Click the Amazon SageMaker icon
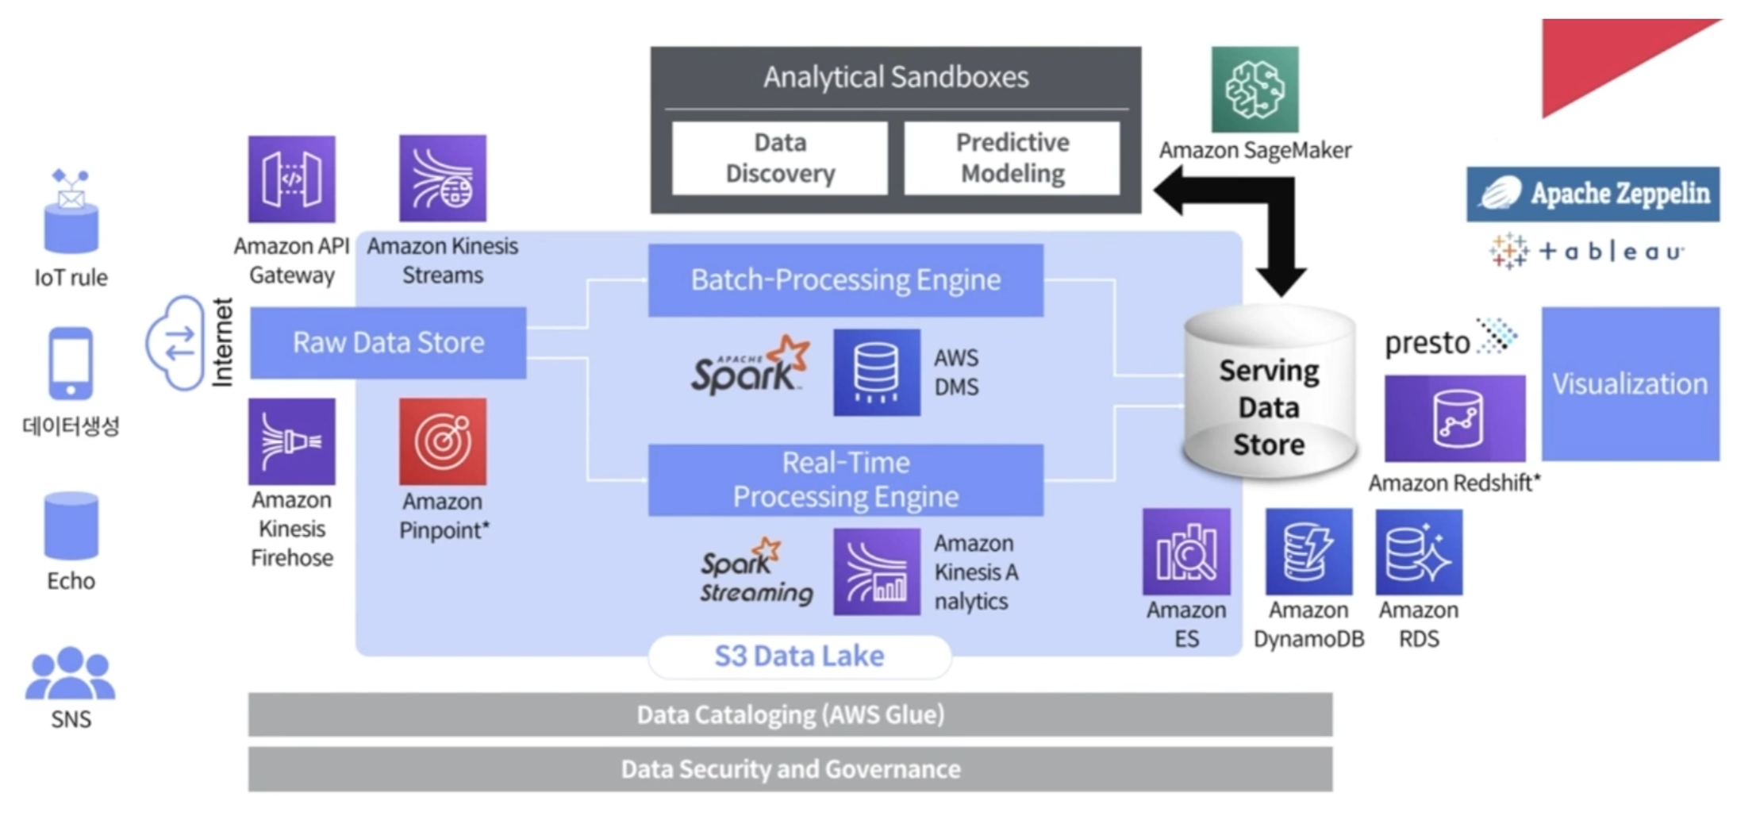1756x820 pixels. [1255, 90]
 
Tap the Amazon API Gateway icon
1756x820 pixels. [291, 179]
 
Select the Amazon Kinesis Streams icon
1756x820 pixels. [443, 179]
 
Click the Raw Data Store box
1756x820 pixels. [388, 343]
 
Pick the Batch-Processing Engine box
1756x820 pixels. [845, 280]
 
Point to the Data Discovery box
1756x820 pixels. [780, 158]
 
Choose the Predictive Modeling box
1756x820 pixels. [1012, 158]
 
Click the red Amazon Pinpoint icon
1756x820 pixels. [443, 441]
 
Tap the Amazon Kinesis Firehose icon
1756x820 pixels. [291, 441]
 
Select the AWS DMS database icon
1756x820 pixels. [876, 372]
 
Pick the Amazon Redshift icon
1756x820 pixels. [1454, 419]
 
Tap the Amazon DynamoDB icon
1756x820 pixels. [1308, 552]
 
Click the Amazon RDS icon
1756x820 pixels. [1419, 552]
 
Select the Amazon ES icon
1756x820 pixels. [1186, 552]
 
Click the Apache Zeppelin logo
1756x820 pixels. [1593, 194]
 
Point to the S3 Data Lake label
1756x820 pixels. [799, 656]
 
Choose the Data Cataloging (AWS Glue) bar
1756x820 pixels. [790, 714]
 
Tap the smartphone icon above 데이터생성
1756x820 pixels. [71, 364]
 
